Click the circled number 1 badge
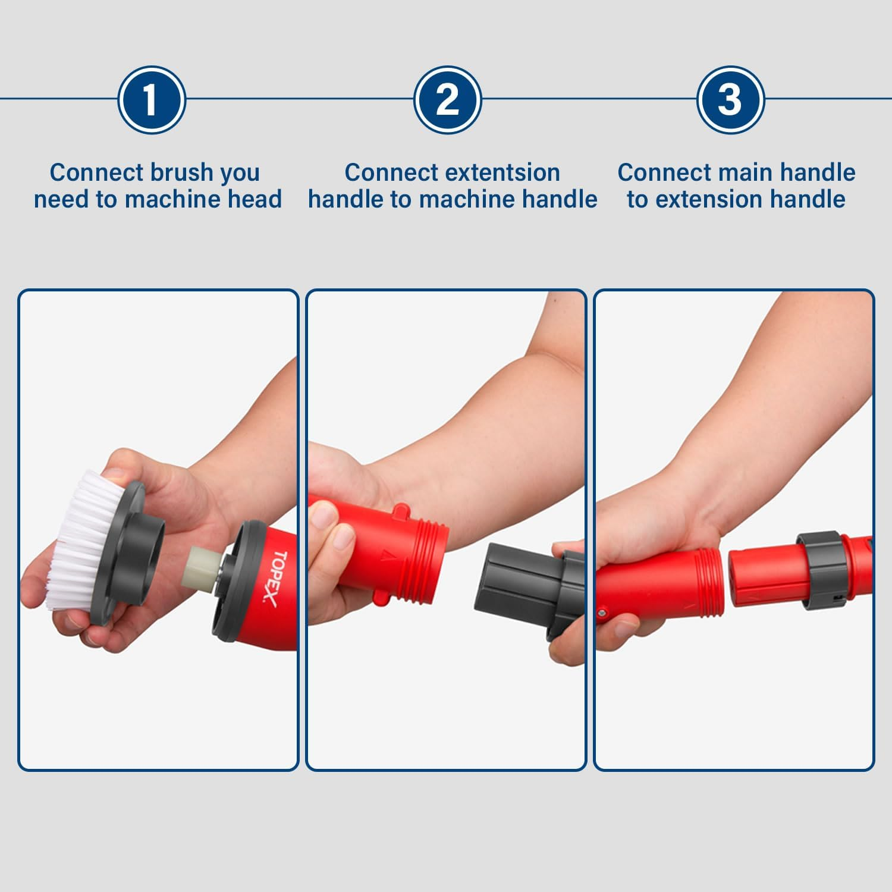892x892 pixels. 152,100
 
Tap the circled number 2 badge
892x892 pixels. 447,100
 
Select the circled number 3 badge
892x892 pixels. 730,100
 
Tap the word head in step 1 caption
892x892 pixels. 255,199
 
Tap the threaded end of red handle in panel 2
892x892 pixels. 431,553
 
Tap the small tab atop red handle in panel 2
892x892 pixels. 401,510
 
